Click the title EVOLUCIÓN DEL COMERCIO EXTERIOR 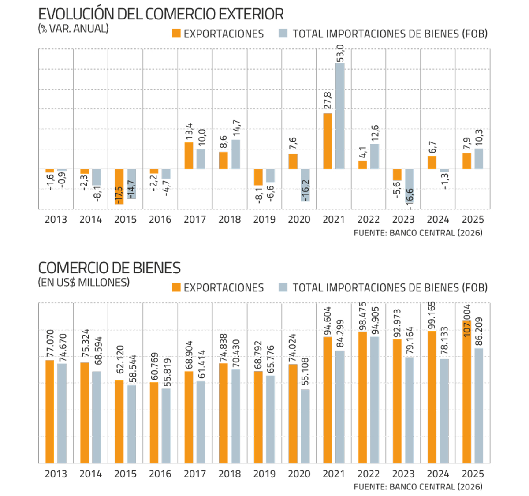click(161, 14)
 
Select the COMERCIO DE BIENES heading click(109, 268)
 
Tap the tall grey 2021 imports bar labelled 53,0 click(340, 116)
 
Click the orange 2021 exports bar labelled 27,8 click(328, 141)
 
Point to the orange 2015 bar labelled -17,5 click(119, 186)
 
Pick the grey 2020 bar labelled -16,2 click(305, 185)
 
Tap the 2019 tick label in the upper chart click(264, 220)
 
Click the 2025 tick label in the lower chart click(473, 474)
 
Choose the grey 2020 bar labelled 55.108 click(305, 426)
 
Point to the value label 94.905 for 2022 click(375, 321)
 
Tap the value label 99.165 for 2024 click(432, 316)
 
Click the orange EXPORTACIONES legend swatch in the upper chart click(176, 34)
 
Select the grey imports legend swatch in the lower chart click(283, 287)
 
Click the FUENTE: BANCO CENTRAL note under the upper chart click(418, 233)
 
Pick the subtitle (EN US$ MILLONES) click(84, 283)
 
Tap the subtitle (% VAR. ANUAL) click(73, 29)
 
